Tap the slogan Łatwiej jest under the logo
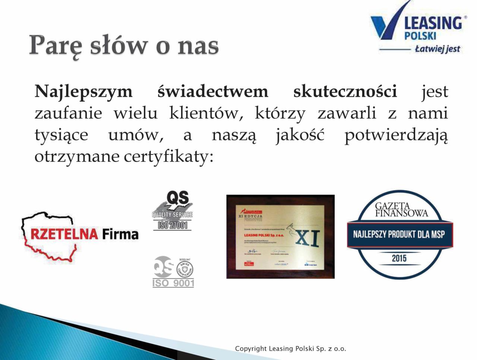(437, 49)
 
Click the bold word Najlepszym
(83, 92)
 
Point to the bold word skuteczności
(345, 92)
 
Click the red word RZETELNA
(64, 234)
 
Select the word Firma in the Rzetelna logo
(120, 234)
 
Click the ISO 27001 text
(173, 225)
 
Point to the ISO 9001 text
(173, 283)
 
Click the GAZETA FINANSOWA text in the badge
(401, 210)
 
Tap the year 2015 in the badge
(399, 258)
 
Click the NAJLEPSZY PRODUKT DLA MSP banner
(399, 235)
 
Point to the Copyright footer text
(290, 349)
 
